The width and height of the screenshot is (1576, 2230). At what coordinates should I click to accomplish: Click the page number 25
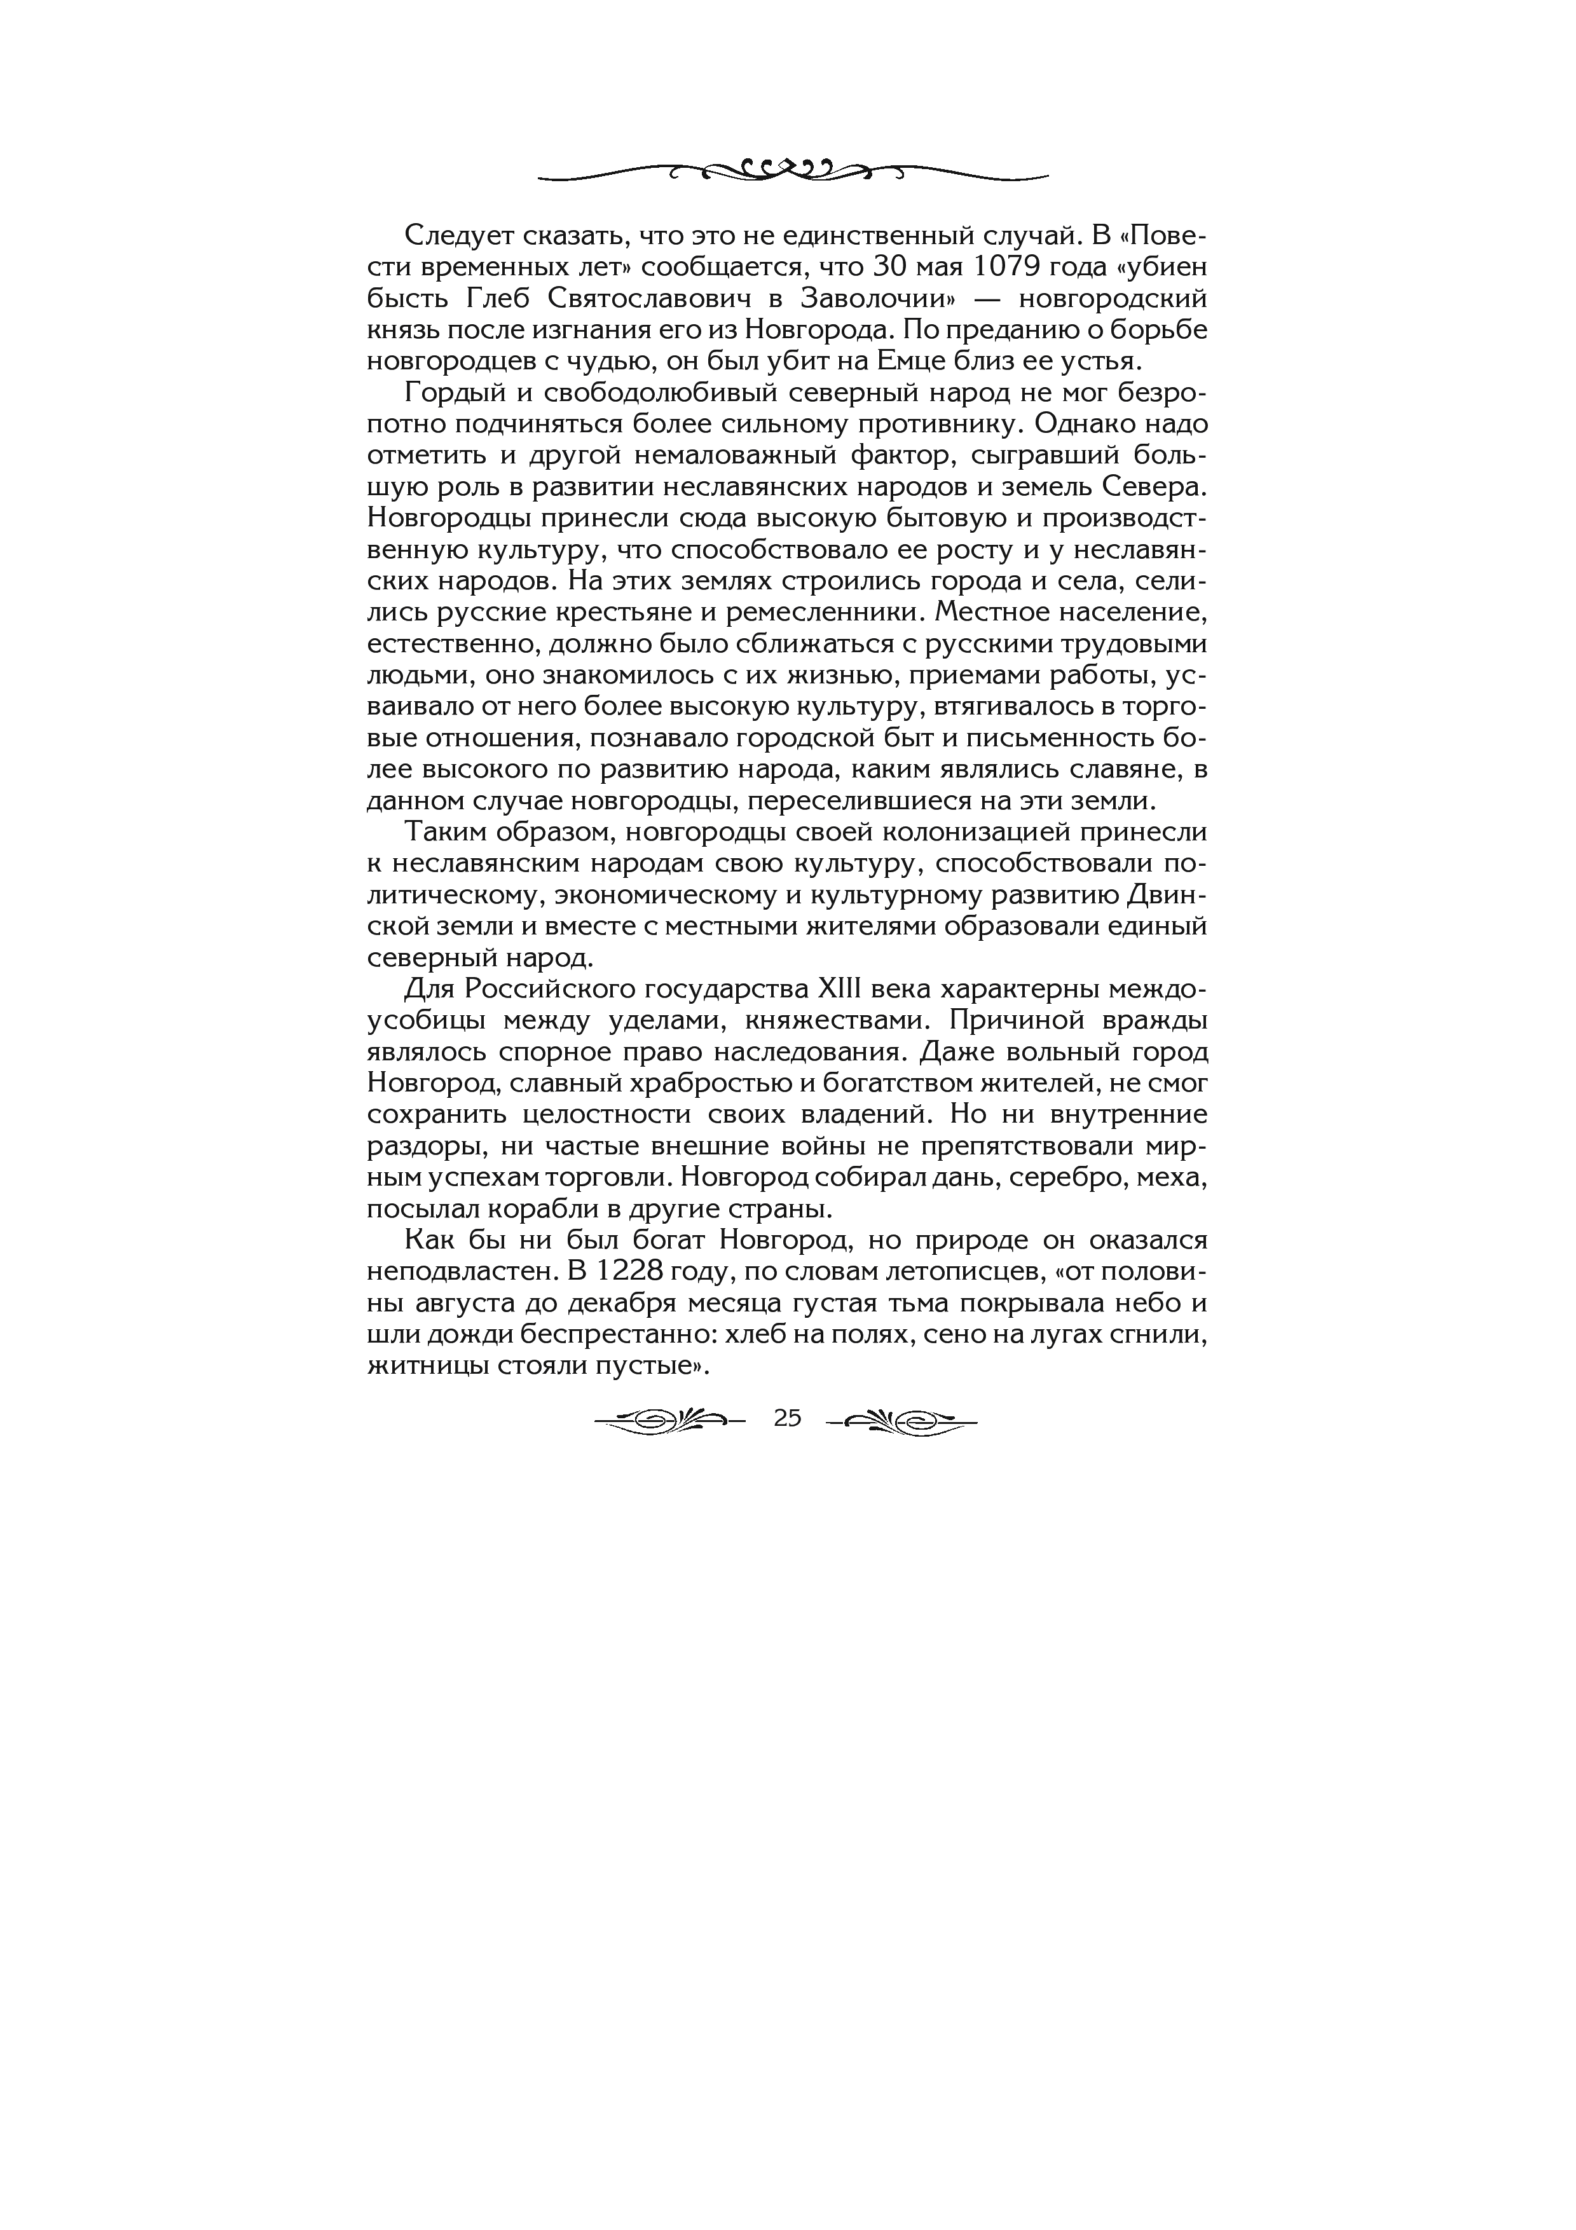788,1419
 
